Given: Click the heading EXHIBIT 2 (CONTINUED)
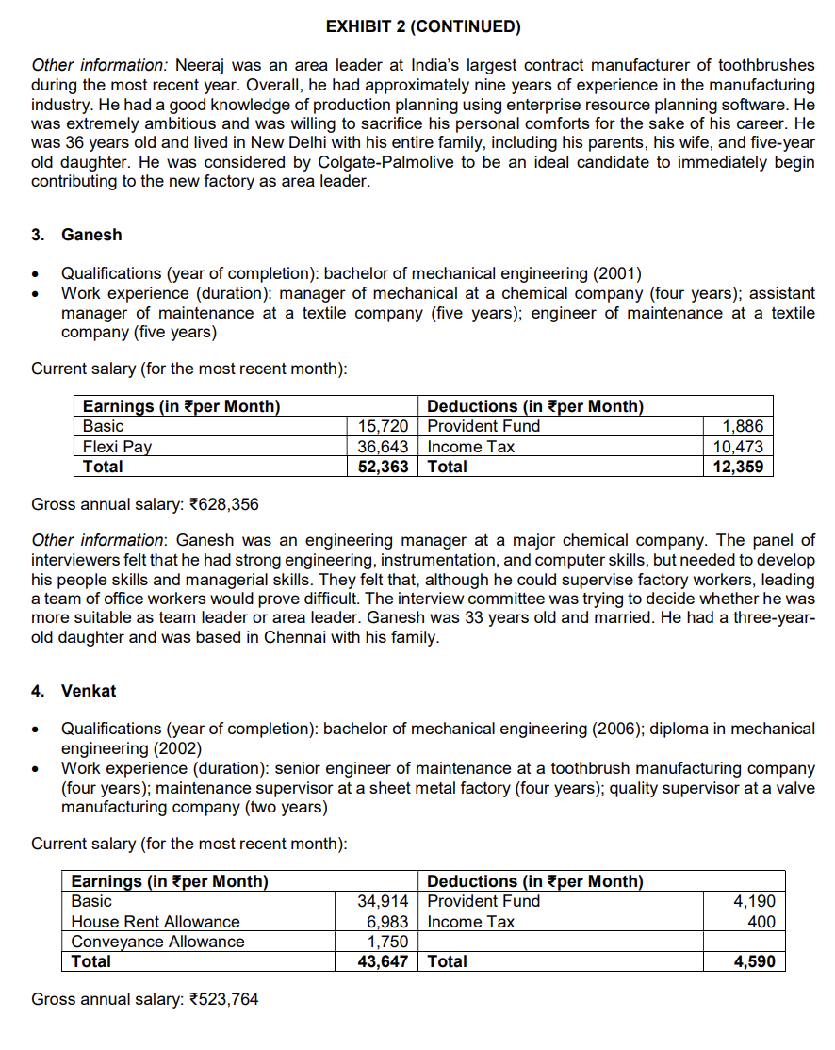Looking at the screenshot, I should click(423, 26).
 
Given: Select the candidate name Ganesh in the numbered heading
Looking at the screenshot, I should click(91, 235).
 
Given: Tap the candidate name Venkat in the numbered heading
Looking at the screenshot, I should click(89, 691).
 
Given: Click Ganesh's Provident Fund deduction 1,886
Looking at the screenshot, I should click(743, 427).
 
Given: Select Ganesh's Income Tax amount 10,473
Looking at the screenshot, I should click(738, 447).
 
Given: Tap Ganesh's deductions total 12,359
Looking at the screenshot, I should click(738, 467).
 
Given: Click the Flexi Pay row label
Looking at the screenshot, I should click(117, 447).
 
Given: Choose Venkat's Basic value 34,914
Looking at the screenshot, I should click(383, 902).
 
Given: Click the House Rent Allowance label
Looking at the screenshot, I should click(156, 922).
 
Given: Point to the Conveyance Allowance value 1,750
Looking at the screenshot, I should click(387, 942).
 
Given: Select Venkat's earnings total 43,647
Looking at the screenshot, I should click(383, 961).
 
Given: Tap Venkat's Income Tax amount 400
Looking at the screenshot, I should click(761, 922).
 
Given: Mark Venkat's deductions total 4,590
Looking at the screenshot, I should click(754, 961).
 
